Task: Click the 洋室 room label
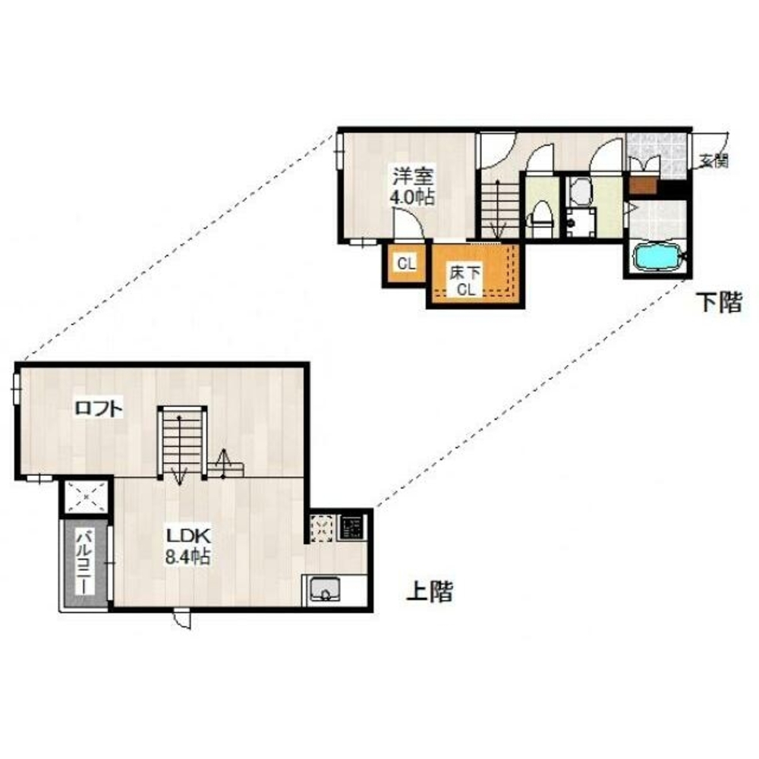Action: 413,176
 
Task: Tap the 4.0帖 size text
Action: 412,197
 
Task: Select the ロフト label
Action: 98,409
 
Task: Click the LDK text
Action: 188,536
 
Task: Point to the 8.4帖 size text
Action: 187,556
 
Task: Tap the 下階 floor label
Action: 719,303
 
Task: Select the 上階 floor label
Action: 430,591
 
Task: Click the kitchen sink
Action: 325,589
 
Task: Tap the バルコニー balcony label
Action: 85,563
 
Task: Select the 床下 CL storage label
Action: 465,282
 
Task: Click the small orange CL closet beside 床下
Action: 406,264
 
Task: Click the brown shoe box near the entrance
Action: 642,185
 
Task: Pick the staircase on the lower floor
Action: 497,209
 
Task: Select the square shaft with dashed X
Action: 87,497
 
